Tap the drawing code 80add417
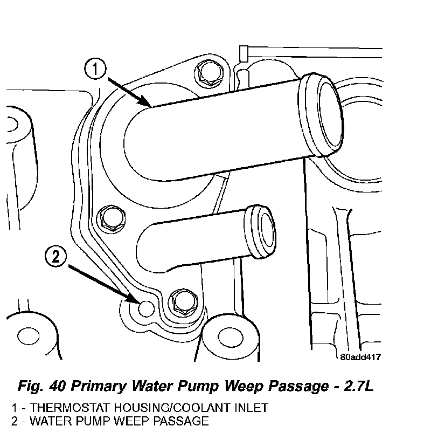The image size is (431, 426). click(360, 356)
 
